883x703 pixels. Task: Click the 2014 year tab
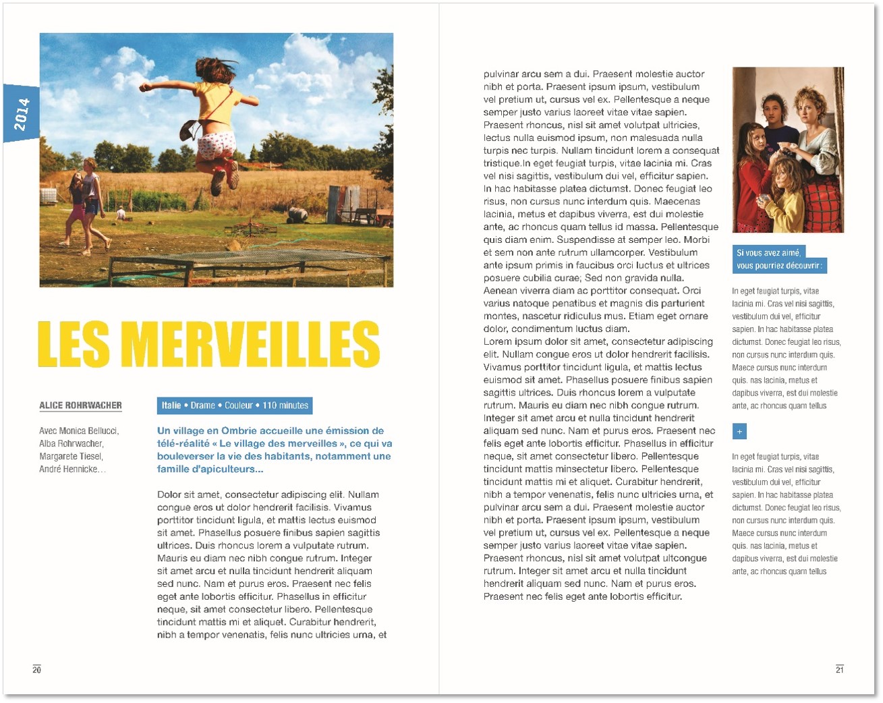coord(21,113)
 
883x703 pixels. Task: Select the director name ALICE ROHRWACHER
coord(80,405)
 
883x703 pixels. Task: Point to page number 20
coord(36,669)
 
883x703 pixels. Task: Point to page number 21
coord(839,669)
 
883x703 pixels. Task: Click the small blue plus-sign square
coord(739,431)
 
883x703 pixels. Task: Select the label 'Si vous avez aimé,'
coord(768,253)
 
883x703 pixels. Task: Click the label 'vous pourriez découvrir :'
coord(779,266)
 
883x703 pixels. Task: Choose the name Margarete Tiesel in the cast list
coord(70,456)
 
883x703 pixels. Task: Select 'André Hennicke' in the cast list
coord(69,469)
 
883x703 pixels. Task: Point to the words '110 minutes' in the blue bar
coord(285,405)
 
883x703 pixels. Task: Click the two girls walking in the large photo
coord(86,202)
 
